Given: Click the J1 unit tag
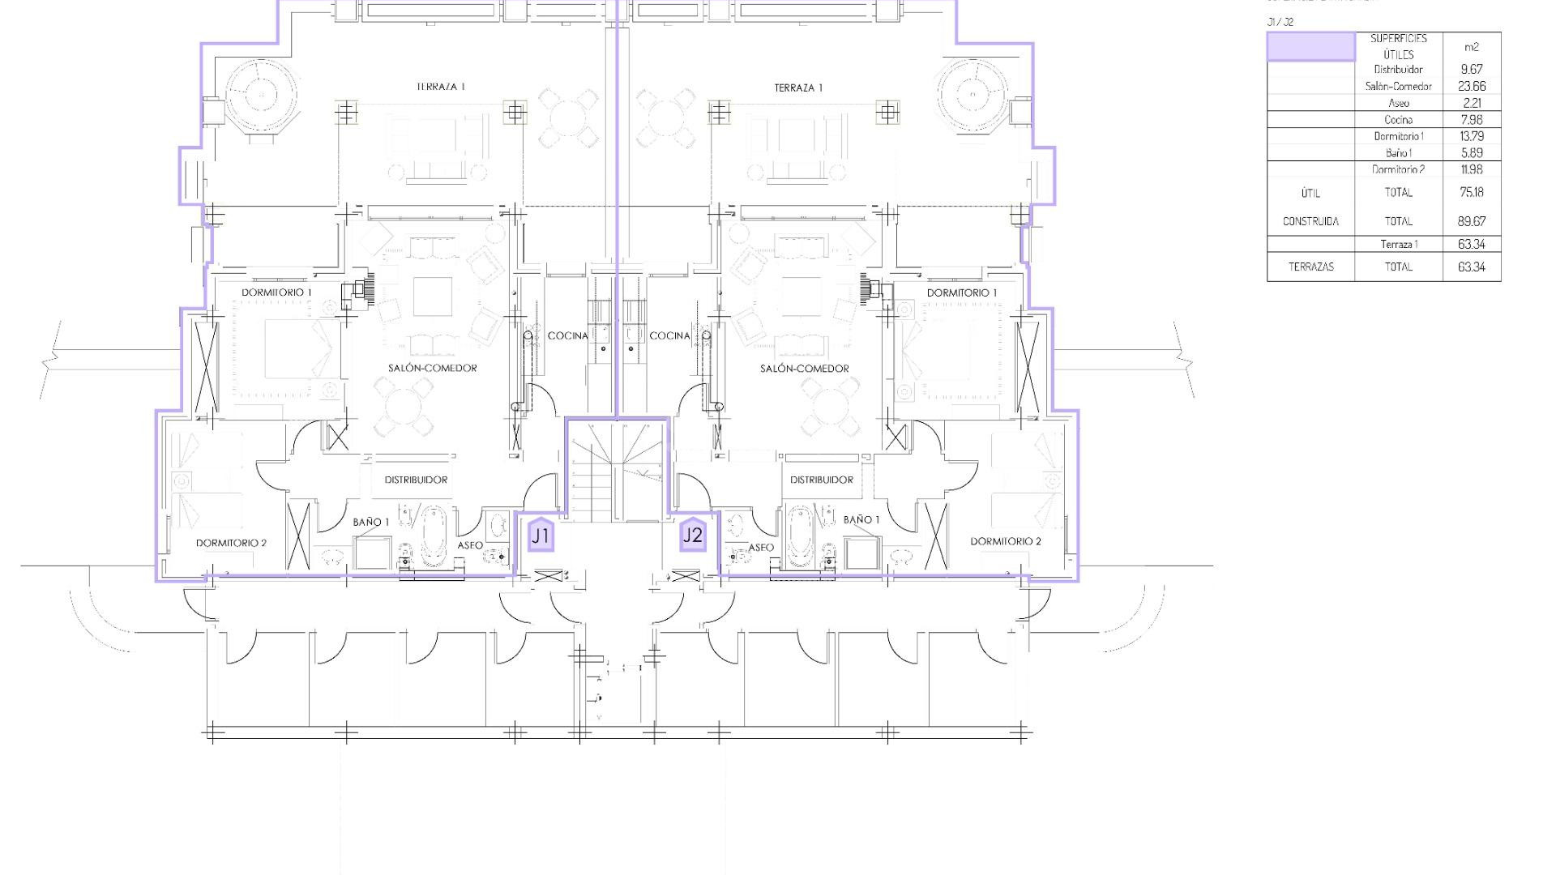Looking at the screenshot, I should point(541,536).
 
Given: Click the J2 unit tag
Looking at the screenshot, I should point(693,535).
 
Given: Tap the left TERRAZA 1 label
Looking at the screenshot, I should point(441,87).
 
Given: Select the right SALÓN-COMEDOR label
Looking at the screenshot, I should point(804,369).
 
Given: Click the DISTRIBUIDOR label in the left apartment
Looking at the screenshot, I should point(416,480).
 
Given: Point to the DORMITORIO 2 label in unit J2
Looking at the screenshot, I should point(1006,541).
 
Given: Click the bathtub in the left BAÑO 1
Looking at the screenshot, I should point(433,536).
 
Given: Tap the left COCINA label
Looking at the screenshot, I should point(567,335).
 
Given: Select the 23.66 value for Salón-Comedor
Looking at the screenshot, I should point(1472,86).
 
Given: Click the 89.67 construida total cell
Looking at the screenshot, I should point(1472,221).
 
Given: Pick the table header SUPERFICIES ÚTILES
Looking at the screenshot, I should point(1398,46).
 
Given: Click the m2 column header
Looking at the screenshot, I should point(1472,47).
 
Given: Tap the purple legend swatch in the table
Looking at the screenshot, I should point(1310,47).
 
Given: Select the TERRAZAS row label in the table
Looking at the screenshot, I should point(1310,267).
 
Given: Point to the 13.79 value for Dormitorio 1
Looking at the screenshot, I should point(1472,136).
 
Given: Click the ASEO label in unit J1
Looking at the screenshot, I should point(470,545).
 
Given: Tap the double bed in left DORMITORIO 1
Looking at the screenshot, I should point(296,348).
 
